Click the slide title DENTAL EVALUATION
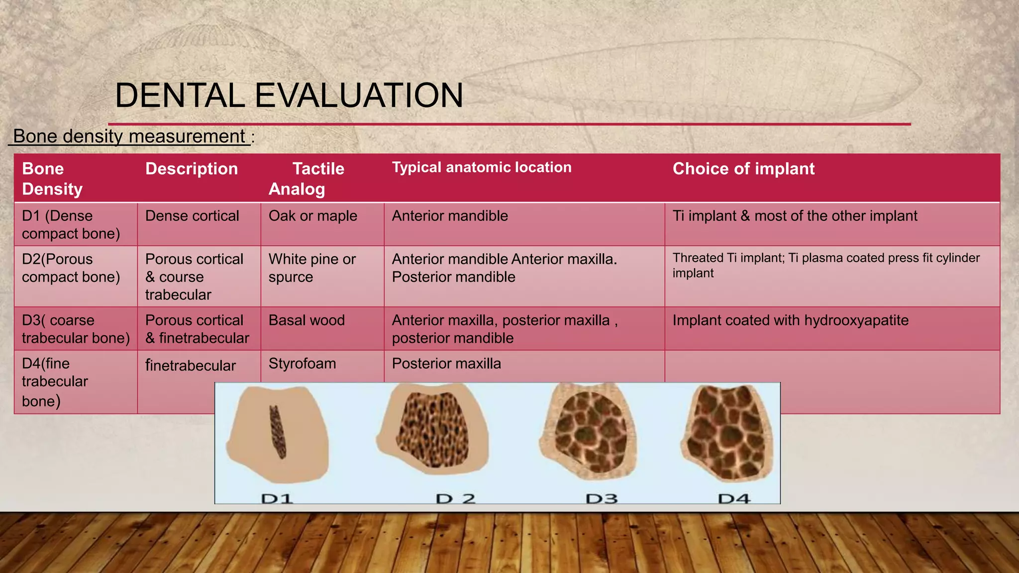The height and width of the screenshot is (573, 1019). [289, 95]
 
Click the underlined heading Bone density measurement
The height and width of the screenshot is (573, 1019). [129, 136]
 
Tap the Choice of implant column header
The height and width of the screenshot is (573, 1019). [743, 169]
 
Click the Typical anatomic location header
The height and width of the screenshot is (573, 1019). [482, 167]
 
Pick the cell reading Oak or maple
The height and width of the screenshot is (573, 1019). [313, 216]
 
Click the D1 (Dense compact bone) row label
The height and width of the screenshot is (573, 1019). [71, 224]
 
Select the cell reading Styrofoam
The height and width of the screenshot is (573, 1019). [302, 364]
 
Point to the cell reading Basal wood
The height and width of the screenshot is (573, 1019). [306, 320]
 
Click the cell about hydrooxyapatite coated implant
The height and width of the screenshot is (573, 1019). [790, 320]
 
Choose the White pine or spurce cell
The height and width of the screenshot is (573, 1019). [312, 268]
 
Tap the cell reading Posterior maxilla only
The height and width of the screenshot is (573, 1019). [446, 364]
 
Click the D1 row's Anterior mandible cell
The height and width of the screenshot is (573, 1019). [450, 216]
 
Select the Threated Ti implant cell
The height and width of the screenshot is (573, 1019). [825, 265]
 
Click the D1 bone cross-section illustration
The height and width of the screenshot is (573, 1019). [277, 434]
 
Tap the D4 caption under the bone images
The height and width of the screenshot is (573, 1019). [733, 498]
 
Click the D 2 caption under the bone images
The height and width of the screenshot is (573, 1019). [455, 498]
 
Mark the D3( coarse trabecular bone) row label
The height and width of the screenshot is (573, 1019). [76, 329]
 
